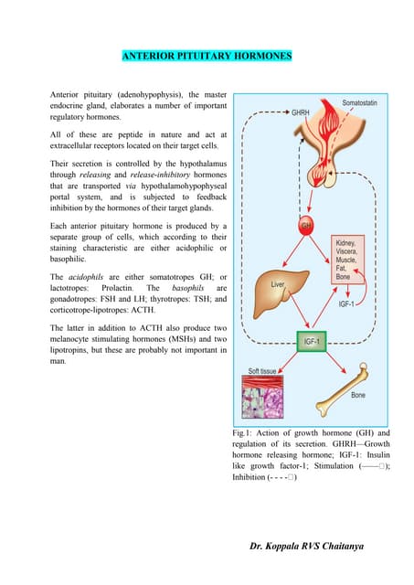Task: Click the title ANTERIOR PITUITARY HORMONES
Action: click(207, 57)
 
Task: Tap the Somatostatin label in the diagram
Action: click(366, 103)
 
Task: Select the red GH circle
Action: click(306, 224)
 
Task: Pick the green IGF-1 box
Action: click(312, 343)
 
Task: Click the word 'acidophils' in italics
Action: click(90, 275)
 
